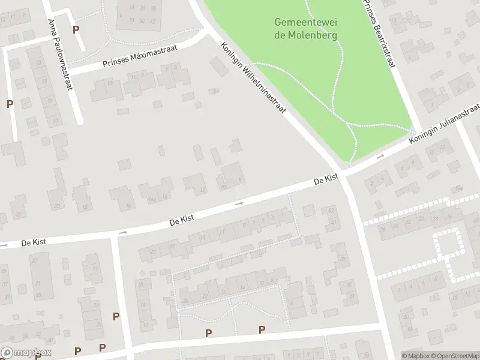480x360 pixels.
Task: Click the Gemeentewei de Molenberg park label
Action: pos(306,28)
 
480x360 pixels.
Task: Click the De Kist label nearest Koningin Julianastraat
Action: pos(326,180)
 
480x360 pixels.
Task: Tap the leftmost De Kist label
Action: pos(34,242)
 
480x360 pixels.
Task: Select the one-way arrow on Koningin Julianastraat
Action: pos(380,157)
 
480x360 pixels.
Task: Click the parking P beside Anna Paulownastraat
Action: pos(76,29)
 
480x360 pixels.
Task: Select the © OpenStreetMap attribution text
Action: pos(454,356)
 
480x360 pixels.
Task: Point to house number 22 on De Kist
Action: pos(19,214)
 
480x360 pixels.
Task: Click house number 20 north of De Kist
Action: pos(58,206)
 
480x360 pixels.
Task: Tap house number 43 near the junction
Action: pos(331,210)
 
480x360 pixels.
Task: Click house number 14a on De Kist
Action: pos(153,199)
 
